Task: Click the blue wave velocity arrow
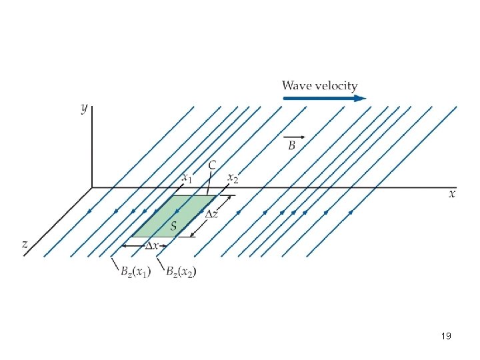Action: [324, 98]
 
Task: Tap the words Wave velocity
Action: [319, 85]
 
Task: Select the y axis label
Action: [85, 109]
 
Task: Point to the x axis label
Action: [451, 194]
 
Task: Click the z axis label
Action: [25, 244]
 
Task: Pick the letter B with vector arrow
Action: [291, 145]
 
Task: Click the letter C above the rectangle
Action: [212, 165]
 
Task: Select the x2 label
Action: [233, 178]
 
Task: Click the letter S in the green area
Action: [173, 226]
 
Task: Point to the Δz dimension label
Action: [211, 214]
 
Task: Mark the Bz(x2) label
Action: [180, 271]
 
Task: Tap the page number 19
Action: [446, 336]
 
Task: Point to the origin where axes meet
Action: [92, 187]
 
